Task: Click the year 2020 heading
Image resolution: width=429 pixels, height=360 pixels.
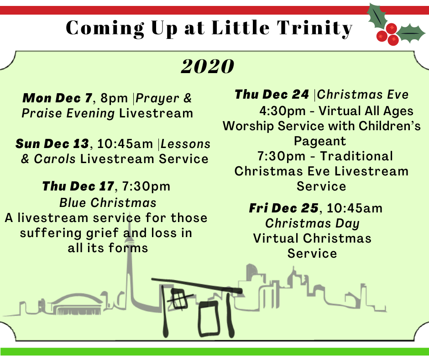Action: coord(207,66)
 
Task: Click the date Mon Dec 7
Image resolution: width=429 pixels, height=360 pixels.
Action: coord(58,98)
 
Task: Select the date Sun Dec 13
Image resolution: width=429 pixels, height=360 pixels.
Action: coord(52,144)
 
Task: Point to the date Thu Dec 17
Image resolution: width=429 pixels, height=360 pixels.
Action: coord(78,186)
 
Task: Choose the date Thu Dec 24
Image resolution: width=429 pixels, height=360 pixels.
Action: coord(272,95)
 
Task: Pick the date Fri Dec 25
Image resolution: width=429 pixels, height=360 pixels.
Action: coord(284,208)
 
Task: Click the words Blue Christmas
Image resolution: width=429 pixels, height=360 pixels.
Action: coord(108,203)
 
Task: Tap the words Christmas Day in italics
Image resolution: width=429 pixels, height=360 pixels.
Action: coord(312,223)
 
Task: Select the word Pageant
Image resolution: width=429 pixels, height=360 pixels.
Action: coord(320,141)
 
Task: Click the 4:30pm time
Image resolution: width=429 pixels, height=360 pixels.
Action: coord(283,111)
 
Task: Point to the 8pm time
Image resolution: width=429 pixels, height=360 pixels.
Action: coord(114,98)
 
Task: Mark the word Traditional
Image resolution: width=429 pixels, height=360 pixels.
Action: coord(356,156)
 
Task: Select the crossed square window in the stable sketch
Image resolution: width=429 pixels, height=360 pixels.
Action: coord(179,299)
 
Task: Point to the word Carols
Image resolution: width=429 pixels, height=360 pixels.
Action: coord(55,159)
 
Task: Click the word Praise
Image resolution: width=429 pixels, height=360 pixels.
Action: coord(41,113)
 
